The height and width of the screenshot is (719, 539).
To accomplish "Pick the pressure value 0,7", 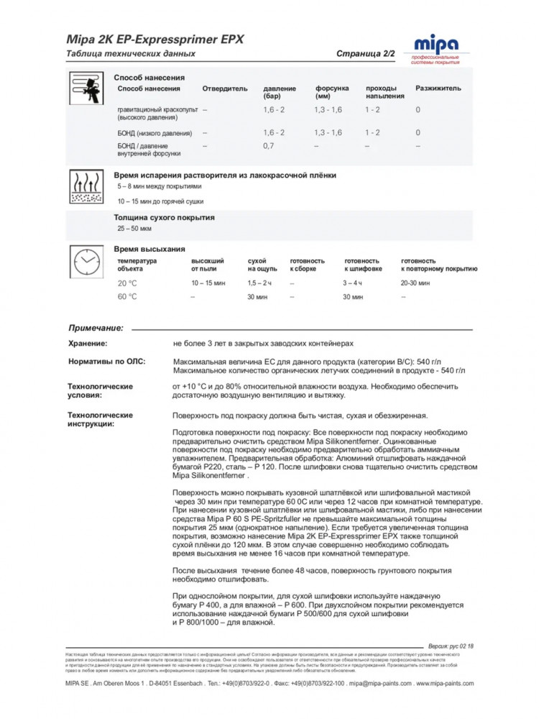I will [269, 145].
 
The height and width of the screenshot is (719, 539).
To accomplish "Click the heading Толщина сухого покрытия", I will [164, 217].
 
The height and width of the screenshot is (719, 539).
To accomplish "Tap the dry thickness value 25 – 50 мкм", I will [134, 229].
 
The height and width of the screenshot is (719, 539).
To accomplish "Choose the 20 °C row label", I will [127, 283].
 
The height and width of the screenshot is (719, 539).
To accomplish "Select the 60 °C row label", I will [127, 296].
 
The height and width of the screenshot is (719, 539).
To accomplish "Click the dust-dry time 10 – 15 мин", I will [209, 283].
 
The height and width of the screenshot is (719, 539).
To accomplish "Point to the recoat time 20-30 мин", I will [415, 283].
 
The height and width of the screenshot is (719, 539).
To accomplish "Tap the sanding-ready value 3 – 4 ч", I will [354, 283].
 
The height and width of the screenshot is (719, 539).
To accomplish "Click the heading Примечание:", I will [96, 328].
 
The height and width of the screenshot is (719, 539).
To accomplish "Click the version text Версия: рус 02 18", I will [451, 647].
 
